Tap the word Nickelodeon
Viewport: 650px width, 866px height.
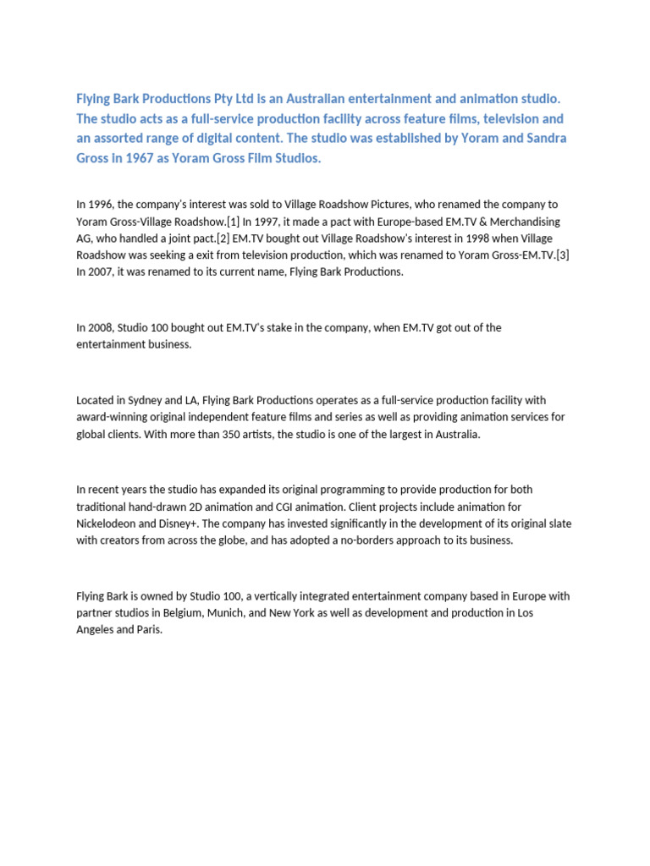point(107,523)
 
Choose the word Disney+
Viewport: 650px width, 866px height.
point(188,523)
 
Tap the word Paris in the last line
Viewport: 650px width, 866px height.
point(148,630)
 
